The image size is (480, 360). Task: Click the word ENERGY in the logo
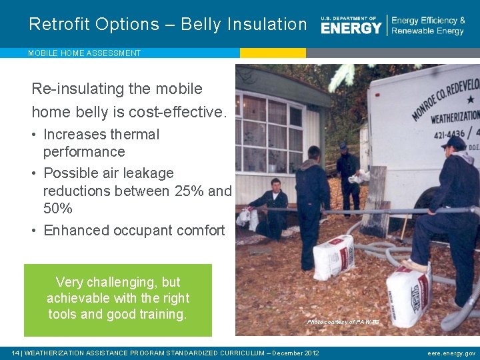tap(351, 27)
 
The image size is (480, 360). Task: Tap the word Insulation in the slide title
tap(267, 24)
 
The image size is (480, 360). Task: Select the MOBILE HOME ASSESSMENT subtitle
tap(84, 53)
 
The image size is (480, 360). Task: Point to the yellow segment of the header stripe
tap(273, 53)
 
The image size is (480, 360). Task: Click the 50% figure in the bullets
tap(58, 209)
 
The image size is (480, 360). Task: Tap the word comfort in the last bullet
tap(198, 231)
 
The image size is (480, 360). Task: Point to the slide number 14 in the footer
tap(16, 353)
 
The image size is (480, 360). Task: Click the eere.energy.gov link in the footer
tap(451, 353)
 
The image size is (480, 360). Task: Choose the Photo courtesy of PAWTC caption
tap(343, 322)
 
